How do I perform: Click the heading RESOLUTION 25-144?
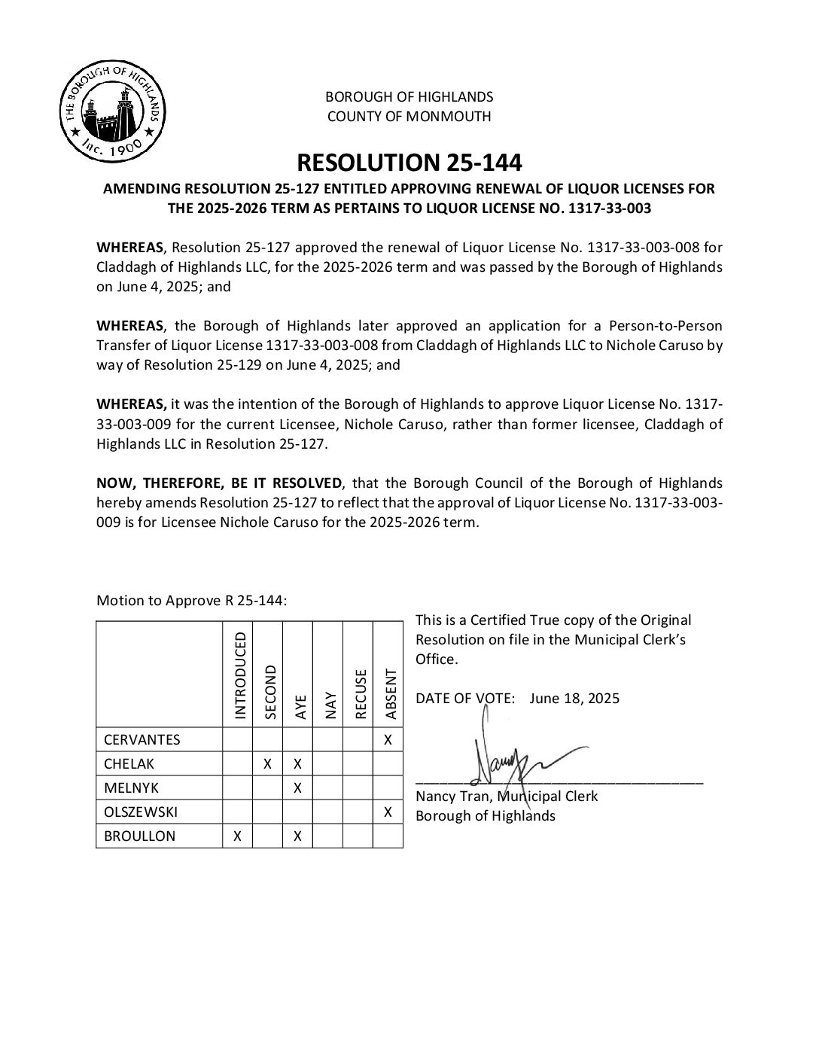[409, 162]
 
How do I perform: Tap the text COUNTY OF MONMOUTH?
[409, 116]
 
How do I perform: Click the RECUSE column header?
[360, 693]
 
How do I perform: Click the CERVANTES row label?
[142, 739]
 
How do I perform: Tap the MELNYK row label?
[131, 787]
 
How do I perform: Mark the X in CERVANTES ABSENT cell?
[388, 739]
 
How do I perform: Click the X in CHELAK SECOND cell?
[267, 763]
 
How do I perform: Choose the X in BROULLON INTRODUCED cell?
[237, 836]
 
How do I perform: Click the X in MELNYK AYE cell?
[297, 787]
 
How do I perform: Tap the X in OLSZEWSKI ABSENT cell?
[388, 812]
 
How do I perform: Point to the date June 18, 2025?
[574, 698]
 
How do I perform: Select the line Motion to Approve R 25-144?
[192, 600]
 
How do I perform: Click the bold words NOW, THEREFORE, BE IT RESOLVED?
[219, 483]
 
